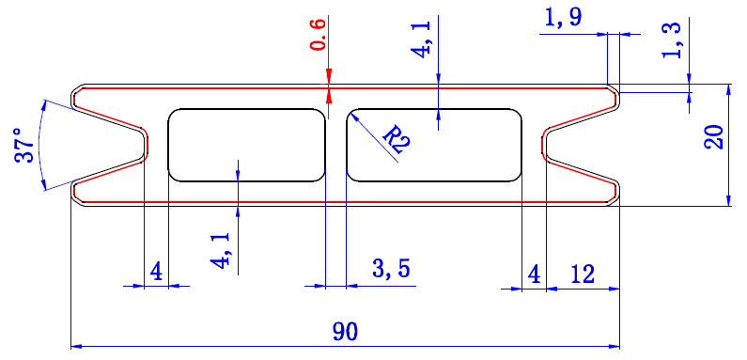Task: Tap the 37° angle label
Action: coord(25,145)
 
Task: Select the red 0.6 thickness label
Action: coord(319,34)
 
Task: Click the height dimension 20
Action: coord(715,138)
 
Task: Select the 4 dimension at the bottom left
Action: coord(156,273)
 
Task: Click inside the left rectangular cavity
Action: coord(246,145)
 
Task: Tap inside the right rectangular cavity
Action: coord(434,145)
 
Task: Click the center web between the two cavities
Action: coord(336,145)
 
